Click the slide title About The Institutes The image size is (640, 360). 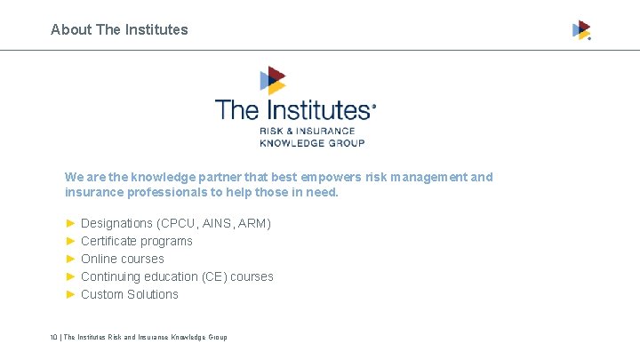point(119,29)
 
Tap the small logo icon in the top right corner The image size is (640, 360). point(581,30)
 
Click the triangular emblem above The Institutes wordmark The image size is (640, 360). point(272,81)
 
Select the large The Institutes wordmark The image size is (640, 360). point(293,110)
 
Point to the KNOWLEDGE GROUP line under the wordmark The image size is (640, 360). point(312,142)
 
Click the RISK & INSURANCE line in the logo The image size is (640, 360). point(306,132)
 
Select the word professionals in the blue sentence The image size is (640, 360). point(167,192)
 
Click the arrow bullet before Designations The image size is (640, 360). point(70,223)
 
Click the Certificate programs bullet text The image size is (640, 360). point(136,241)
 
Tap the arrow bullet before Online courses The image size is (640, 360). point(70,259)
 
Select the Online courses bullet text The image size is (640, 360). point(122,259)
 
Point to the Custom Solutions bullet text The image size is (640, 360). point(129,294)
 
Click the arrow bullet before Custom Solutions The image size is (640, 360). point(70,294)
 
